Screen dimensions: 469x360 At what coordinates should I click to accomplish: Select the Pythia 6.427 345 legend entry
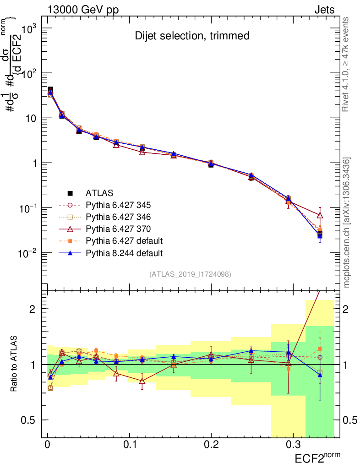click(x=118, y=205)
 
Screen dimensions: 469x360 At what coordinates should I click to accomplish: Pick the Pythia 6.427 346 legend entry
click(x=118, y=217)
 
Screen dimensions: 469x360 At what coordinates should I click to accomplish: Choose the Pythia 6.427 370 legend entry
click(x=118, y=229)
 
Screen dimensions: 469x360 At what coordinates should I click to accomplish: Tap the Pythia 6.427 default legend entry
click(x=124, y=240)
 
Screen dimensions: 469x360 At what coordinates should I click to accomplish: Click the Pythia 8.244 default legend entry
click(x=124, y=252)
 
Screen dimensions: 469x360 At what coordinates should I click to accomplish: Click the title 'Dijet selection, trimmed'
click(x=192, y=36)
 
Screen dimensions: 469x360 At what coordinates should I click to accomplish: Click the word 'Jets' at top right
click(x=324, y=10)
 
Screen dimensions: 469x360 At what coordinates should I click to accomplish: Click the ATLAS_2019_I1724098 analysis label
click(x=190, y=274)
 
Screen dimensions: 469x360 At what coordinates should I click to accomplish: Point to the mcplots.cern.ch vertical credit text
click(x=348, y=222)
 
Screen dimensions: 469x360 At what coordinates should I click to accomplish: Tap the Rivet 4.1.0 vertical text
click(x=348, y=64)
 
